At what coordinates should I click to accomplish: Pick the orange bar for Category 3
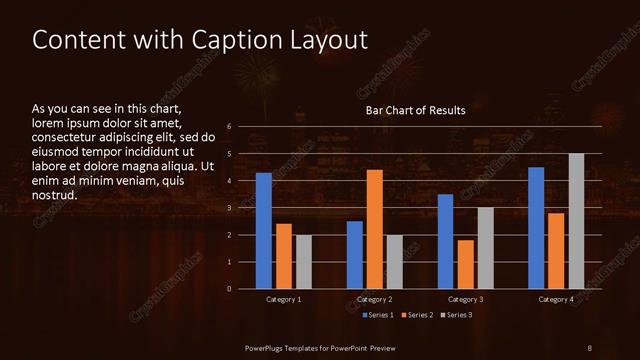(466, 264)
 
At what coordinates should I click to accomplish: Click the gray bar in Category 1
(304, 262)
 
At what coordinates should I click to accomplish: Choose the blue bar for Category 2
(355, 255)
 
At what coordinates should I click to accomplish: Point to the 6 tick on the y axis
(230, 127)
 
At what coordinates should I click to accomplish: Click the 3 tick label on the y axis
(230, 208)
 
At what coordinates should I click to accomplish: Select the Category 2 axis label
(374, 299)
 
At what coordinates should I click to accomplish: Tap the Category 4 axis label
(556, 299)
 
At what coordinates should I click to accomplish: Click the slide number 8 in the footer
(589, 346)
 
